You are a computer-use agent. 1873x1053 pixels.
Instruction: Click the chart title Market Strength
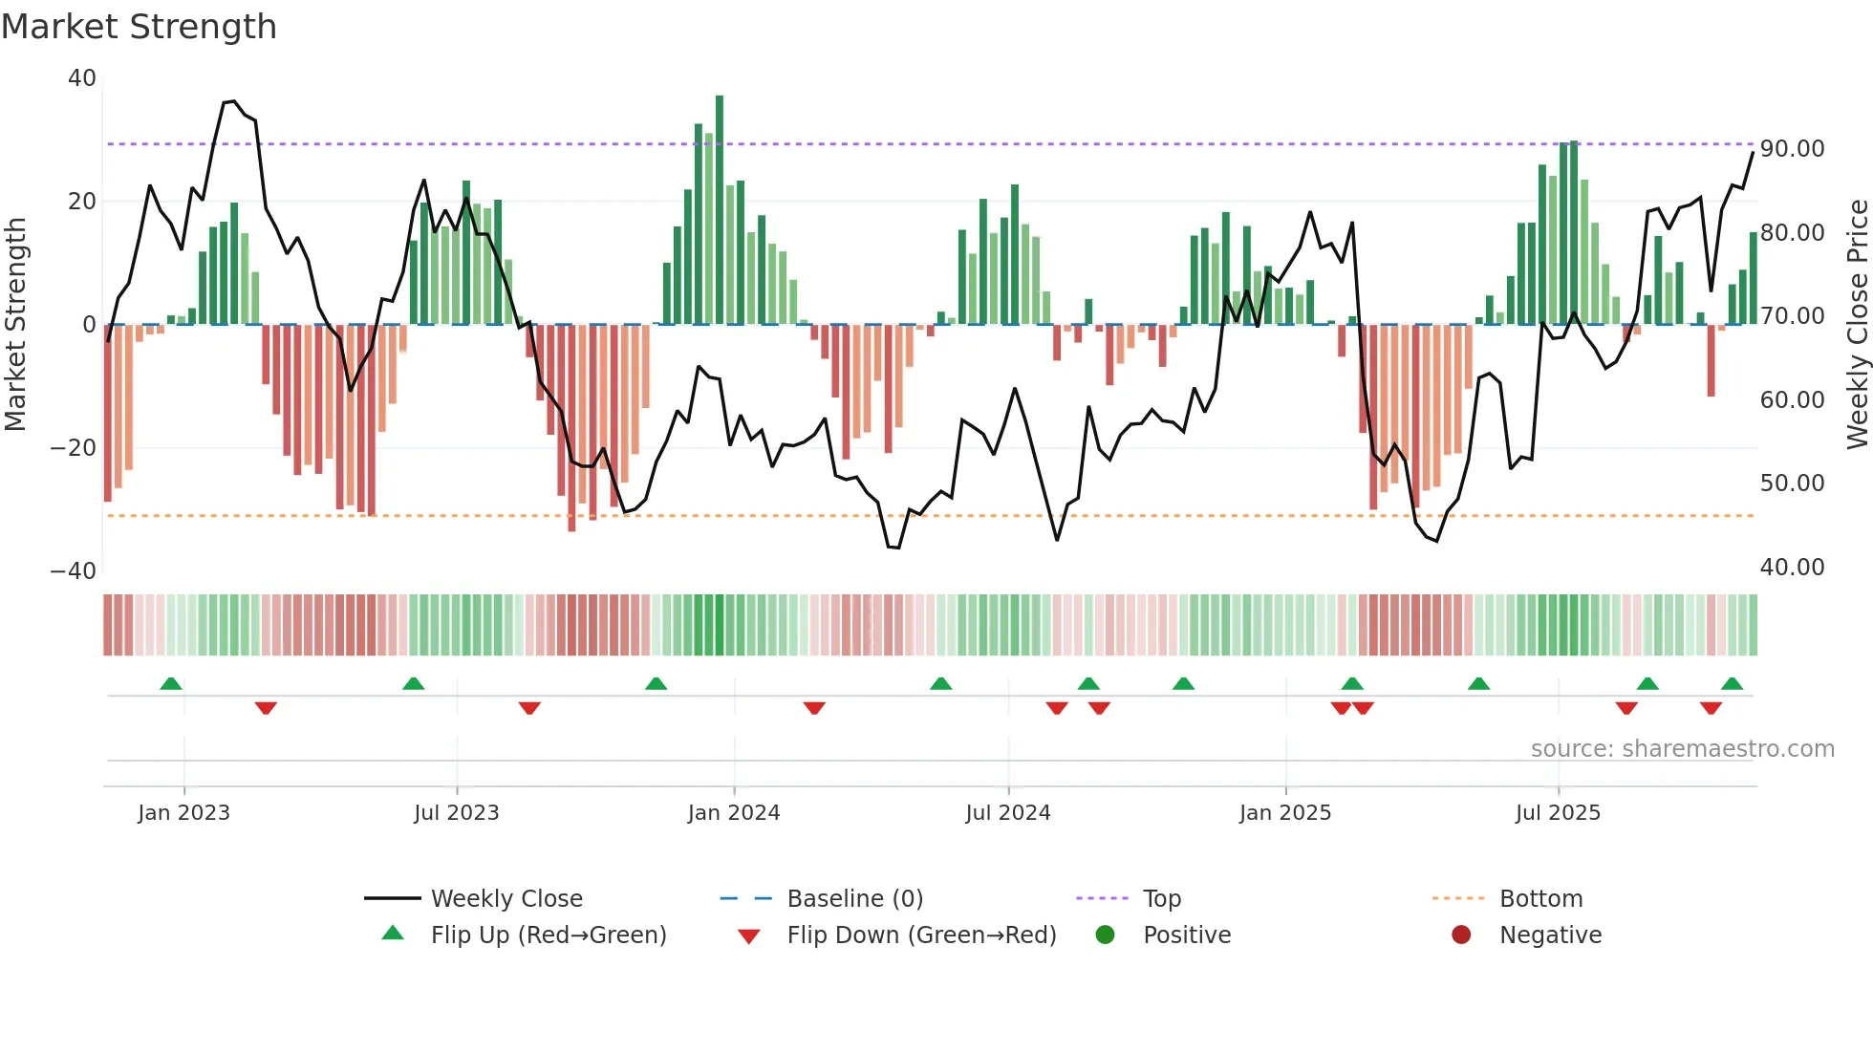coord(139,27)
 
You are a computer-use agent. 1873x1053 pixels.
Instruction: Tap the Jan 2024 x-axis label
coord(733,813)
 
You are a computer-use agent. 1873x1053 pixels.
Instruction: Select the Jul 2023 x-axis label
coord(456,813)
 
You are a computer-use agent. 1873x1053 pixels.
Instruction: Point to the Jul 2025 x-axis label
coord(1557,813)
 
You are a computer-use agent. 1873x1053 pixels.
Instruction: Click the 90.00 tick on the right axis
coord(1792,149)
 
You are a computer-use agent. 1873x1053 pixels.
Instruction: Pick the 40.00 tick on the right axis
coord(1792,568)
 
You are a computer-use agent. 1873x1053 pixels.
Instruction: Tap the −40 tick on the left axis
coord(74,571)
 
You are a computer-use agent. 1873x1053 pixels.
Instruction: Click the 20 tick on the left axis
coord(82,202)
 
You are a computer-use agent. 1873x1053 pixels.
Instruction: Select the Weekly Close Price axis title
coord(1857,325)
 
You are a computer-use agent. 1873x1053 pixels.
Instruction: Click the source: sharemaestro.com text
coord(1682,749)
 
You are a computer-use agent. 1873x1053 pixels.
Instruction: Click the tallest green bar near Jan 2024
coord(720,210)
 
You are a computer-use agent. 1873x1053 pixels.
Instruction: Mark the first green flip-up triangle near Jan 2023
coord(171,684)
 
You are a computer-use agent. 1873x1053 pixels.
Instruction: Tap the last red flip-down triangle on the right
coord(1711,708)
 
